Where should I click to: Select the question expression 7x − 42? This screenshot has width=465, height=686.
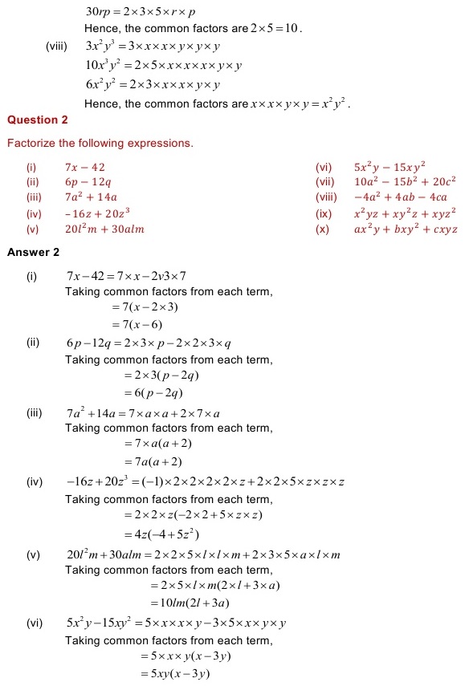pos(85,167)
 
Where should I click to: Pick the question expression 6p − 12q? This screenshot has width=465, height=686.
pos(88,182)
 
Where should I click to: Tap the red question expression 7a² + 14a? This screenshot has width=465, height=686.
pos(91,197)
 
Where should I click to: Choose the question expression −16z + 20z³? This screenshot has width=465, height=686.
pos(98,213)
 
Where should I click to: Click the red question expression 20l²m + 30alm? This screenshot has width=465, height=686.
pos(104,229)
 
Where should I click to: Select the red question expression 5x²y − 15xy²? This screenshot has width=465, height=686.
pos(390,167)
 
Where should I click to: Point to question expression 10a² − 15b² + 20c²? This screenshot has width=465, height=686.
pos(405,182)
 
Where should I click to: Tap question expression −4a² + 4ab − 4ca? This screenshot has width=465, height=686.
pos(400,197)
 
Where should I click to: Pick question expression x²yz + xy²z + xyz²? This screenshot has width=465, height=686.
pos(405,213)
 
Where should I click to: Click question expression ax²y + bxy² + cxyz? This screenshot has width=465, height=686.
pos(406,229)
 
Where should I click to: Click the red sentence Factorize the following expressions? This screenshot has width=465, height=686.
pos(100,144)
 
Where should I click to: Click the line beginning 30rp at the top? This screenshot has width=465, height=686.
pos(141,13)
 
